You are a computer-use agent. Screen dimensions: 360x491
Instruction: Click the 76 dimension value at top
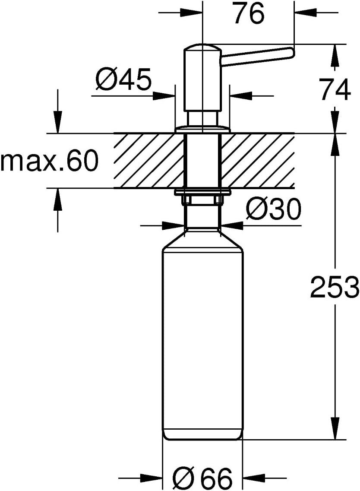point(249,14)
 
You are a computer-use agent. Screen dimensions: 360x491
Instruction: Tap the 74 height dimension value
point(335,89)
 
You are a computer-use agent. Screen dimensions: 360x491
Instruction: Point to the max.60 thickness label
point(49,161)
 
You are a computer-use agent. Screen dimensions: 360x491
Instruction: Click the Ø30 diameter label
point(273,209)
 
